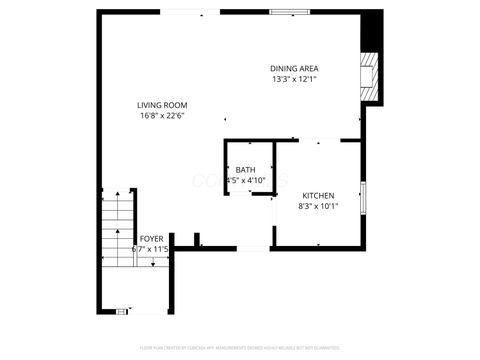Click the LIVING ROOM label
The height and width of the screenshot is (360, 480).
point(163,105)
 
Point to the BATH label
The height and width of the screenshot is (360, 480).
point(245,170)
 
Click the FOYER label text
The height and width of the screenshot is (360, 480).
point(151,238)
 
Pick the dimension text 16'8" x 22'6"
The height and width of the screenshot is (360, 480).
point(163,116)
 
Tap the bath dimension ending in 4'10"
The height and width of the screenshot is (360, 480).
point(247,181)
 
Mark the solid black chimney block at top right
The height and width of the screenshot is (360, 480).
point(372,28)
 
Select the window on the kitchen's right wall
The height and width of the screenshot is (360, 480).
point(364,197)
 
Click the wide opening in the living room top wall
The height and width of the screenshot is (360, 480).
point(190,12)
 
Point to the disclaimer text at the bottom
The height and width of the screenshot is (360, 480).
point(240,346)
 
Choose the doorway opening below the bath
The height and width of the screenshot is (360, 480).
point(252,247)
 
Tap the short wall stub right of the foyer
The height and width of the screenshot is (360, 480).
point(198,240)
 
